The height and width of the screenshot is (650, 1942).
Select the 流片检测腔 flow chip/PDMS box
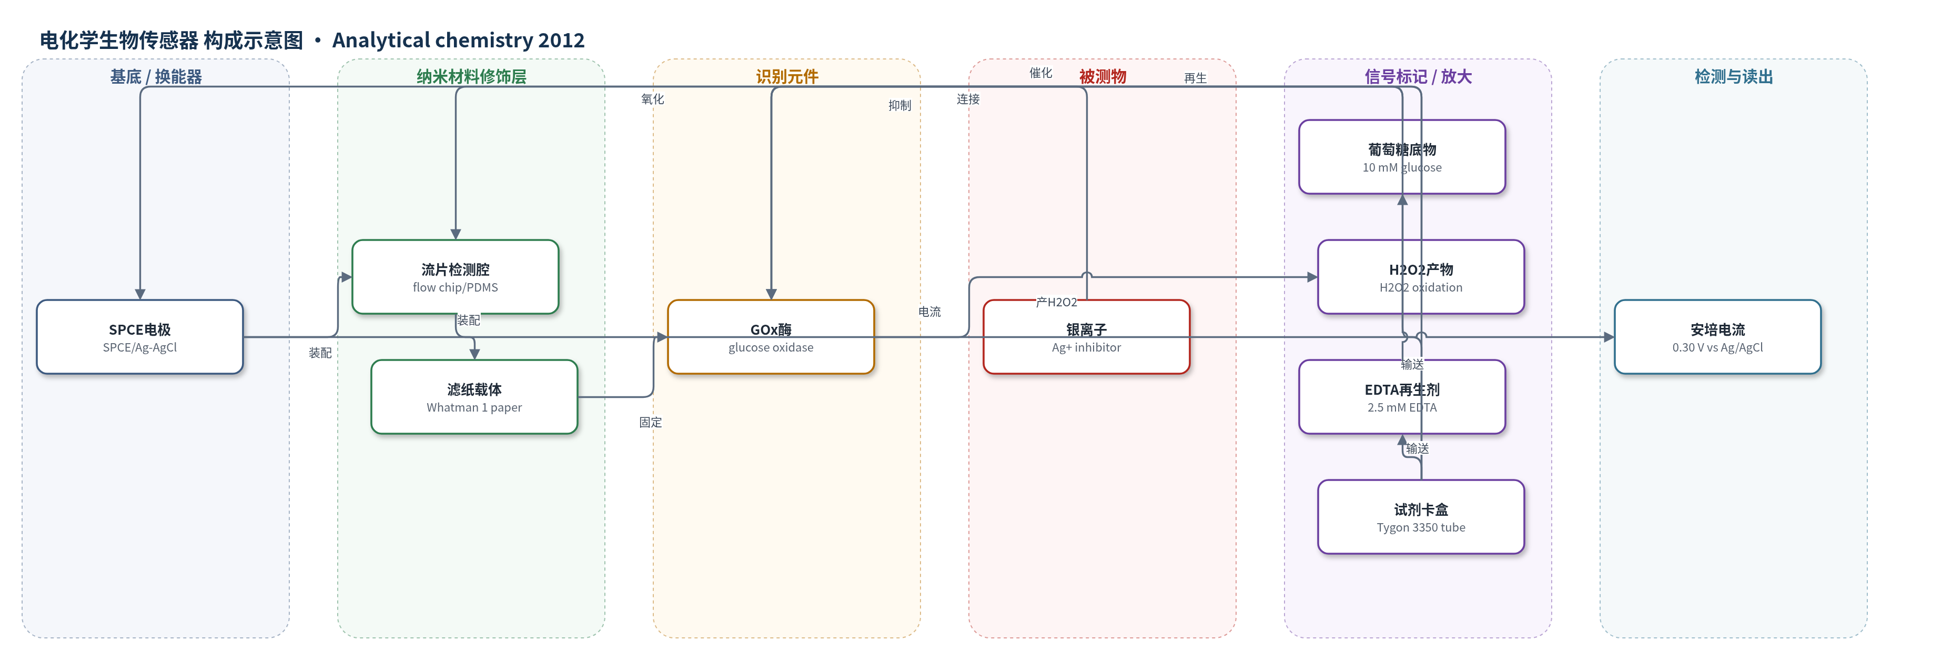tap(456, 277)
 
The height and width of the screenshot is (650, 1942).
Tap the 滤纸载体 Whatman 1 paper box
tap(474, 397)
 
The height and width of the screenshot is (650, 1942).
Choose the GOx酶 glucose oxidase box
tap(771, 337)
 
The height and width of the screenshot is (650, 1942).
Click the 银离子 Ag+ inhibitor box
tap(1086, 337)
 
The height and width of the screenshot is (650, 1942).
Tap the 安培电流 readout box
tap(1717, 337)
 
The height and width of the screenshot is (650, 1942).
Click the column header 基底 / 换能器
tap(156, 77)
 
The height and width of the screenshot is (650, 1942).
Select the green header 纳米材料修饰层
tap(471, 77)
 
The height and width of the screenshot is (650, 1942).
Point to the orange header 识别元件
tap(787, 77)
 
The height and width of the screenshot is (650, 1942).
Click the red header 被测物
tap(1102, 77)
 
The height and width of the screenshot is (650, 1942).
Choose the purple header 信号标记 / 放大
tap(1418, 77)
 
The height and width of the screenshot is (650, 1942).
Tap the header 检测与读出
tap(1733, 77)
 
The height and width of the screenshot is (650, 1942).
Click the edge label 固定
tap(651, 422)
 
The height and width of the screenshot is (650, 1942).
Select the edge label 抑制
tap(899, 106)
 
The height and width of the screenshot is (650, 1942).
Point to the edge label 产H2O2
tap(1056, 303)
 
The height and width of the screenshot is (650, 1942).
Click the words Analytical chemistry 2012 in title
tap(458, 40)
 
